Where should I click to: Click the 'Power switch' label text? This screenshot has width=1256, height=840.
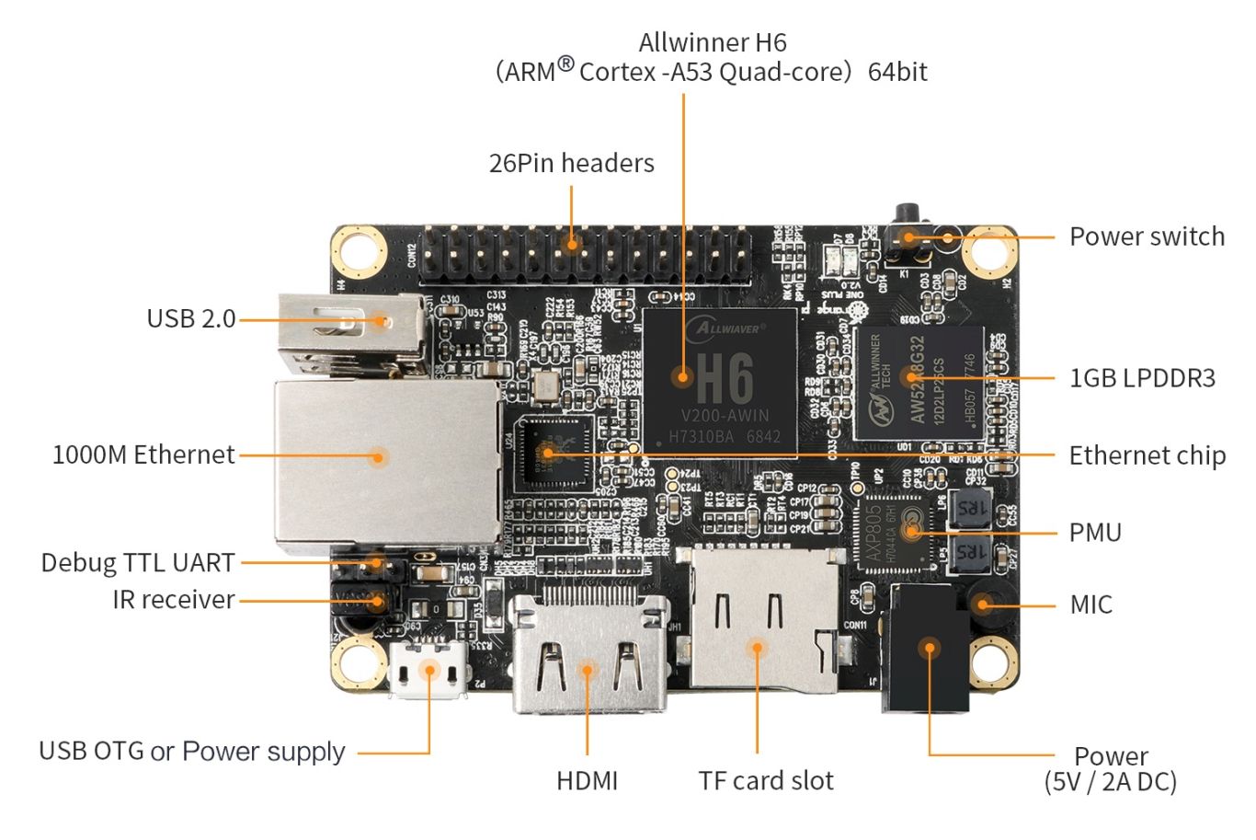pyautogui.click(x=1147, y=236)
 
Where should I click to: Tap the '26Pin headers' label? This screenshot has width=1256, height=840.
pyautogui.click(x=571, y=163)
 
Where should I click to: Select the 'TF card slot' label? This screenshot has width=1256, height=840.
pyautogui.click(x=765, y=780)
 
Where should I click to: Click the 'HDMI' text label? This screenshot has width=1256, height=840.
pyautogui.click(x=587, y=780)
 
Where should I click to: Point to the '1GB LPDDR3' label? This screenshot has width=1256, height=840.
pyautogui.click(x=1142, y=377)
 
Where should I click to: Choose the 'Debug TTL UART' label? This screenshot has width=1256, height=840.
pyautogui.click(x=138, y=562)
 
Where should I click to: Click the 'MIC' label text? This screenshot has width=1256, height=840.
pyautogui.click(x=1090, y=604)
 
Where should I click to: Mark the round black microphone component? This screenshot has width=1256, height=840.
pyautogui.click(x=985, y=604)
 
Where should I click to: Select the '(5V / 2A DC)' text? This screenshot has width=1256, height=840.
pyautogui.click(x=1110, y=782)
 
